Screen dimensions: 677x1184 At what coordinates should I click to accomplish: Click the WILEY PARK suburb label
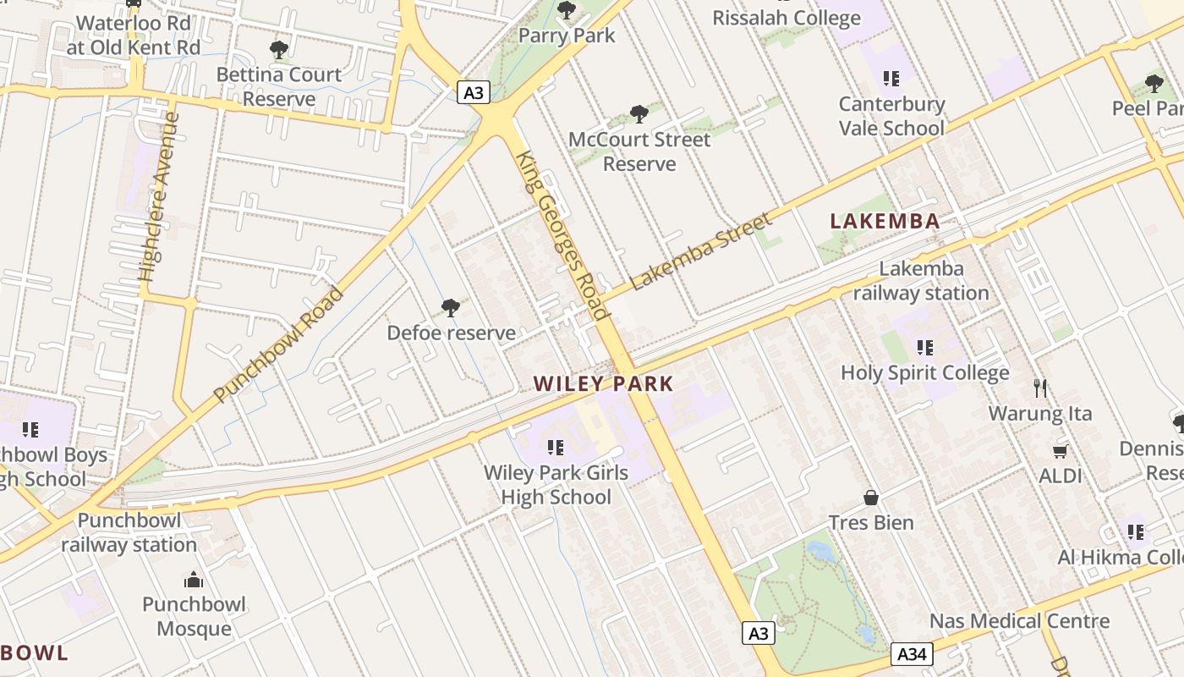pyautogui.click(x=603, y=383)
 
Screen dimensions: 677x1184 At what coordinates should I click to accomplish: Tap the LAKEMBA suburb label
pyautogui.click(x=885, y=222)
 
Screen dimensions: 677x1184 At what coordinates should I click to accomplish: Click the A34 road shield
pyautogui.click(x=913, y=654)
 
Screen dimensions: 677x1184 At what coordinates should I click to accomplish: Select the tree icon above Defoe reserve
pyautogui.click(x=451, y=308)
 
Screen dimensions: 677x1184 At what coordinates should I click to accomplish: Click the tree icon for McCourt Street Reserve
pyautogui.click(x=639, y=114)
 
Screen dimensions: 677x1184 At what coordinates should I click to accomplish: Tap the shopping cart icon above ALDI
pyautogui.click(x=1060, y=451)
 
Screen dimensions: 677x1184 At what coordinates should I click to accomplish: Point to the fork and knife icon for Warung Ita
pyautogui.click(x=1040, y=388)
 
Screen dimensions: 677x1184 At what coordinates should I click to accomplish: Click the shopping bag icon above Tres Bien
pyautogui.click(x=871, y=498)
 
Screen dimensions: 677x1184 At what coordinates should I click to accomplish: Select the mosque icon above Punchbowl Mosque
pyautogui.click(x=194, y=580)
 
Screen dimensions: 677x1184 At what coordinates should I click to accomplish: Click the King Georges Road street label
pyautogui.click(x=564, y=235)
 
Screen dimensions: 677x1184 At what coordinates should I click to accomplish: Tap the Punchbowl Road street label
pyautogui.click(x=278, y=345)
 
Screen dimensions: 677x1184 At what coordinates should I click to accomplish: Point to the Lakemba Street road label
pyautogui.click(x=701, y=251)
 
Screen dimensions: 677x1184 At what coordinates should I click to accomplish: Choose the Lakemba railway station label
pyautogui.click(x=921, y=281)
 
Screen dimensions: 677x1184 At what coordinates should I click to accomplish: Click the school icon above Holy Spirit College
pyautogui.click(x=924, y=347)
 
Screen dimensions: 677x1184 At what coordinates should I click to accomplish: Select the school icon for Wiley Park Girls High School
pyautogui.click(x=556, y=447)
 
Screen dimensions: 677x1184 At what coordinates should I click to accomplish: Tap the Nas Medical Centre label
pyautogui.click(x=1019, y=621)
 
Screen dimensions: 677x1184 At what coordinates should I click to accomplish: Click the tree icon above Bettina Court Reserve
pyautogui.click(x=279, y=50)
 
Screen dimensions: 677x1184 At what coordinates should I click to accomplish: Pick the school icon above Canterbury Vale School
pyautogui.click(x=891, y=79)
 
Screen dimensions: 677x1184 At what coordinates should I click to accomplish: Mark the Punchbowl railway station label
pyautogui.click(x=129, y=532)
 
